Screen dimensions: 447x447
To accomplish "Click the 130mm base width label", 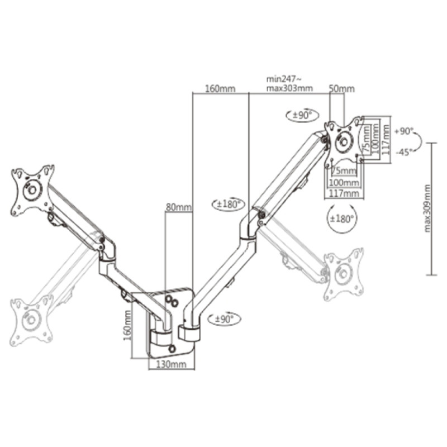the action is click(172, 364).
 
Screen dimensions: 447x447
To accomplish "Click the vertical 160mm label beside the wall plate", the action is click(127, 325).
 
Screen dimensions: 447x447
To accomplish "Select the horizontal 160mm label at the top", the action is click(220, 89).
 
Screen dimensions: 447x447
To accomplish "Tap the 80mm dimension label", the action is click(179, 207).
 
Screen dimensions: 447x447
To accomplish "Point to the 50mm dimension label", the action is click(342, 89).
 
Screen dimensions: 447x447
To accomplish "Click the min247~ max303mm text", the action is click(289, 83).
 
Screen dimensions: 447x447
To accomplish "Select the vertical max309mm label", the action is click(427, 208).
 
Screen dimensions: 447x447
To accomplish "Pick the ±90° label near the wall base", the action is click(225, 318).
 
